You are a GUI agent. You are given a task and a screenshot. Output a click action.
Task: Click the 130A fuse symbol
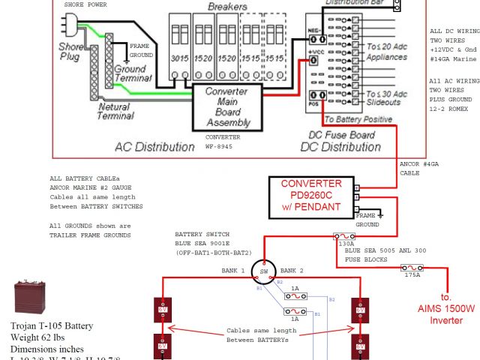[346, 235]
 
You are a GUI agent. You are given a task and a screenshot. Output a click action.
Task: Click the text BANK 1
[232, 270]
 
